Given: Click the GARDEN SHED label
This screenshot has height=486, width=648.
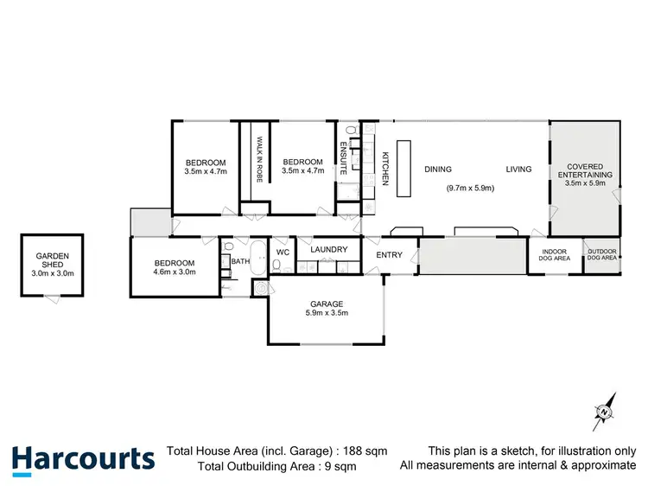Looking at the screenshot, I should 52,261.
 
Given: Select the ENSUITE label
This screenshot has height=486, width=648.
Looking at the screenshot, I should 343,159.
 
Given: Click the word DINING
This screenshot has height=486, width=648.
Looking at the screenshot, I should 437,169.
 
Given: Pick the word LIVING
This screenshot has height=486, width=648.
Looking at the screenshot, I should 518,169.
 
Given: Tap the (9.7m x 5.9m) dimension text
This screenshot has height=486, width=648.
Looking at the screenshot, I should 469,189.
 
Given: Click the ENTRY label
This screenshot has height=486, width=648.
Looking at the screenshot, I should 389,254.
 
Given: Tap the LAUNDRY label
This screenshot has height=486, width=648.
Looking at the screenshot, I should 328,250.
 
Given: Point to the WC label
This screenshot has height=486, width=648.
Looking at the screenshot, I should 282,253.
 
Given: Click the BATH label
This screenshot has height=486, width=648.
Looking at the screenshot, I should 240,260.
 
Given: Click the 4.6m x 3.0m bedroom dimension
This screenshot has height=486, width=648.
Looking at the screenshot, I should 175,272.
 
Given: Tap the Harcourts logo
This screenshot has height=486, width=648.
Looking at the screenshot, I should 83,458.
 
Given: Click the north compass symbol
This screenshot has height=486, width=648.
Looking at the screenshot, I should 604,412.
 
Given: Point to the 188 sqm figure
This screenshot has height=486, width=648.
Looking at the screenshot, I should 367,451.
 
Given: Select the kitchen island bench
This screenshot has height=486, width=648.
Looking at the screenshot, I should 403,169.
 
